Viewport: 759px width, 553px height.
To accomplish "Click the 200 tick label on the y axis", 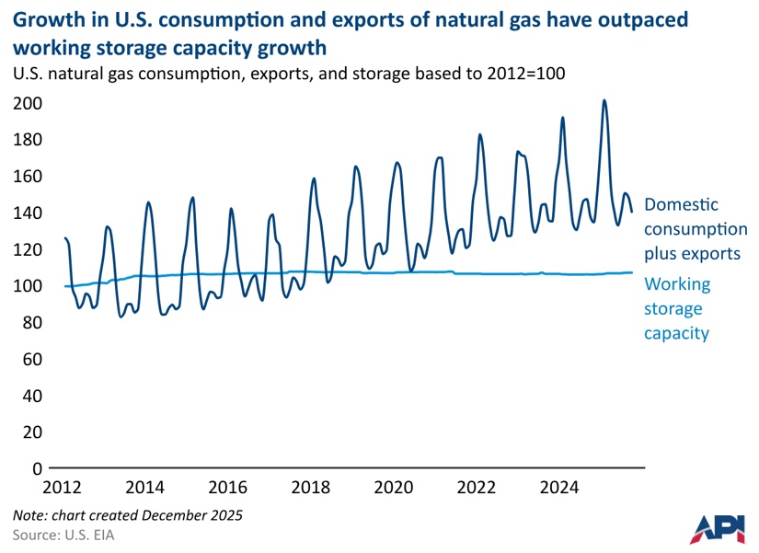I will pyautogui.click(x=29, y=103).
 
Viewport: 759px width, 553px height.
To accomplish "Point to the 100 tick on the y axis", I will pyautogui.click(x=29, y=286).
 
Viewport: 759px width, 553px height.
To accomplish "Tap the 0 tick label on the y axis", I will pyautogui.click(x=38, y=468).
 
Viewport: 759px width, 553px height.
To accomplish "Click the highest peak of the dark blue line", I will pyautogui.click(x=604, y=100).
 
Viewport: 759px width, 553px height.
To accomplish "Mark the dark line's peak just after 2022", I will pyautogui.click(x=480, y=134).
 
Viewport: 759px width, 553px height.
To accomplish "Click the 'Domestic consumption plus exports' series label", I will pyautogui.click(x=695, y=228).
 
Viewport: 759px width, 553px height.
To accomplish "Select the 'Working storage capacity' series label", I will pyautogui.click(x=677, y=309).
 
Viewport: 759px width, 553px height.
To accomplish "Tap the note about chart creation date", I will pyautogui.click(x=128, y=515).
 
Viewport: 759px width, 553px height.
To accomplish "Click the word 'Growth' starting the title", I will pyautogui.click(x=45, y=20).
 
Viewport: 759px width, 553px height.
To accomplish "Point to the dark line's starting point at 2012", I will pyautogui.click(x=64, y=238).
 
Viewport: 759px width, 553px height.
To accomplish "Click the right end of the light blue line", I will pyautogui.click(x=632, y=272).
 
